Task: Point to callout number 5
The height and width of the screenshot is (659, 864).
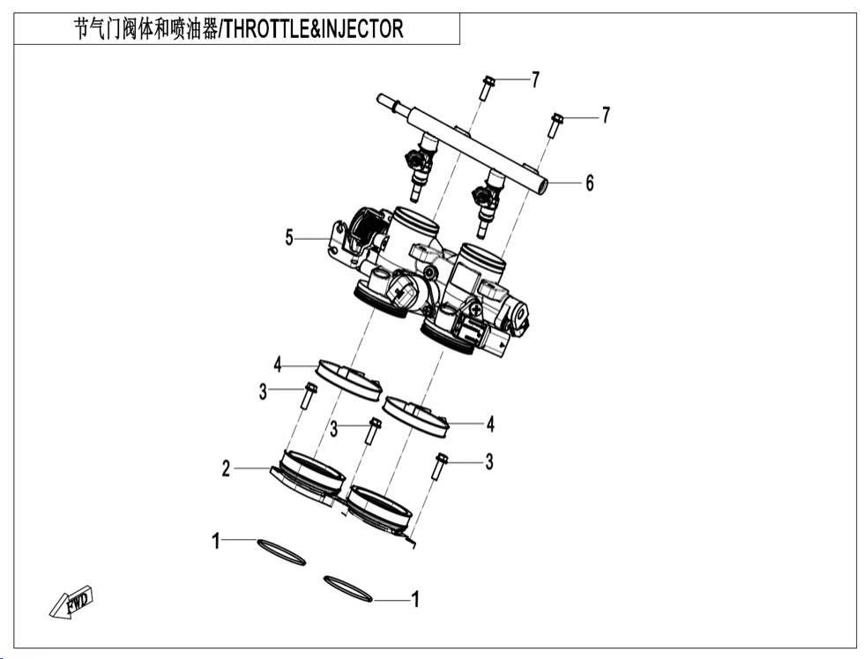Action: (x=289, y=237)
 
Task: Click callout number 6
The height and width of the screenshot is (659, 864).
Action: (x=590, y=183)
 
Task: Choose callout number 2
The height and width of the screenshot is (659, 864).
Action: (x=227, y=468)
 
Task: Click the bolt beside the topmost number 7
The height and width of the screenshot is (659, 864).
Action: (x=488, y=89)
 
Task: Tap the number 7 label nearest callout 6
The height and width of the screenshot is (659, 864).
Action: (x=606, y=116)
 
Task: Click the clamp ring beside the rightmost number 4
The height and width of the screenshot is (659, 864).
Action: (x=416, y=415)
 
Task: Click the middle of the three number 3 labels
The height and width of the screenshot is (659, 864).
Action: (x=334, y=430)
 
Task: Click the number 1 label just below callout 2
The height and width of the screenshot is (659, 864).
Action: (x=215, y=541)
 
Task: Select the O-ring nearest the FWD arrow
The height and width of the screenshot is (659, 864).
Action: (x=281, y=552)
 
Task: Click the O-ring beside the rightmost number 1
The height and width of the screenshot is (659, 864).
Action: (x=349, y=588)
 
